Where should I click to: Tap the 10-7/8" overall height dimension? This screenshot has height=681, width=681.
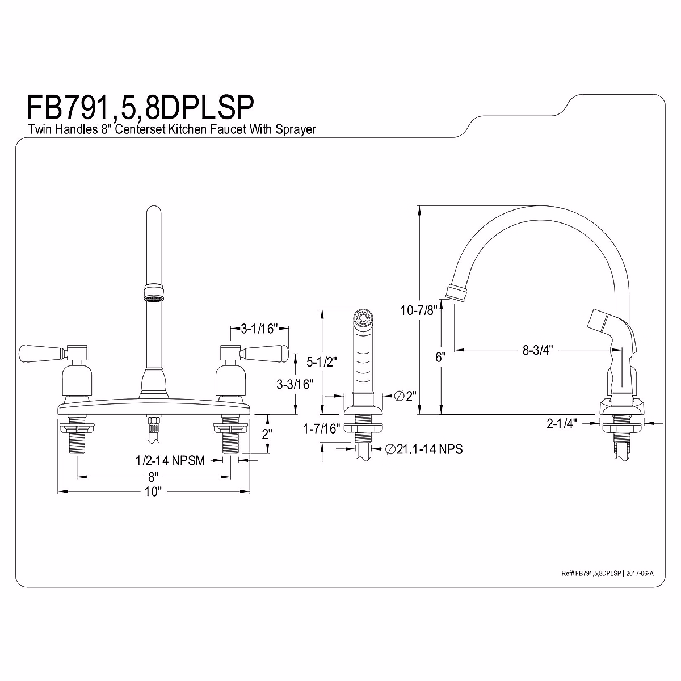pos(419,310)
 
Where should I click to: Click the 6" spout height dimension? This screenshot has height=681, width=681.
pos(441,356)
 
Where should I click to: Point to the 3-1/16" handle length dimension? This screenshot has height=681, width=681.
pos(258,328)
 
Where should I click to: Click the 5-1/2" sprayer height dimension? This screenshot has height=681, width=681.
pos(321,360)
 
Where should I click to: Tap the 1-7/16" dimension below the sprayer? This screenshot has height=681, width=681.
pos(322,429)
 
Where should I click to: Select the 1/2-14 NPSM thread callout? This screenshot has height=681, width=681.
pos(170,460)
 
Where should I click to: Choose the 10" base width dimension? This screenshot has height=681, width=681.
pos(153,491)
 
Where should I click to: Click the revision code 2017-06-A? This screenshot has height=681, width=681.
pos(639,574)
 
